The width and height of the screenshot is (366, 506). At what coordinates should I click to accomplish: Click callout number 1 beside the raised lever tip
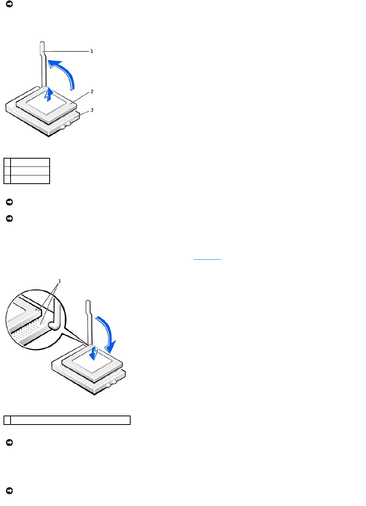pyautogui.click(x=92, y=51)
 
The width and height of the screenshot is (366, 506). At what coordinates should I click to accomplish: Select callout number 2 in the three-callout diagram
pyautogui.click(x=92, y=92)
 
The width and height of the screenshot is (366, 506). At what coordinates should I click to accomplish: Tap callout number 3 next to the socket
pyautogui.click(x=92, y=110)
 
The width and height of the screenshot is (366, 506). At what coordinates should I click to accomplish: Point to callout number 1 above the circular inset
pyautogui.click(x=59, y=281)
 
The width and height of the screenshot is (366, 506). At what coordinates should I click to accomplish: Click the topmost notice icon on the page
pyautogui.click(x=9, y=4)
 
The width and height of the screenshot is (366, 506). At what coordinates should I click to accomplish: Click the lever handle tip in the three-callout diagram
pyautogui.click(x=43, y=49)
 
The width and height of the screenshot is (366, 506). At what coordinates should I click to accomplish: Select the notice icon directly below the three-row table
pyautogui.click(x=9, y=202)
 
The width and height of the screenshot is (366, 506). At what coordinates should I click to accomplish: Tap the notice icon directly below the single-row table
pyautogui.click(x=9, y=443)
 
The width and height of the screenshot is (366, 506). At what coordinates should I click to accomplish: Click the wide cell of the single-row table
pyautogui.click(x=70, y=420)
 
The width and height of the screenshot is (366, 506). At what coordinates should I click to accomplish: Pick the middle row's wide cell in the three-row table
pyautogui.click(x=30, y=171)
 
